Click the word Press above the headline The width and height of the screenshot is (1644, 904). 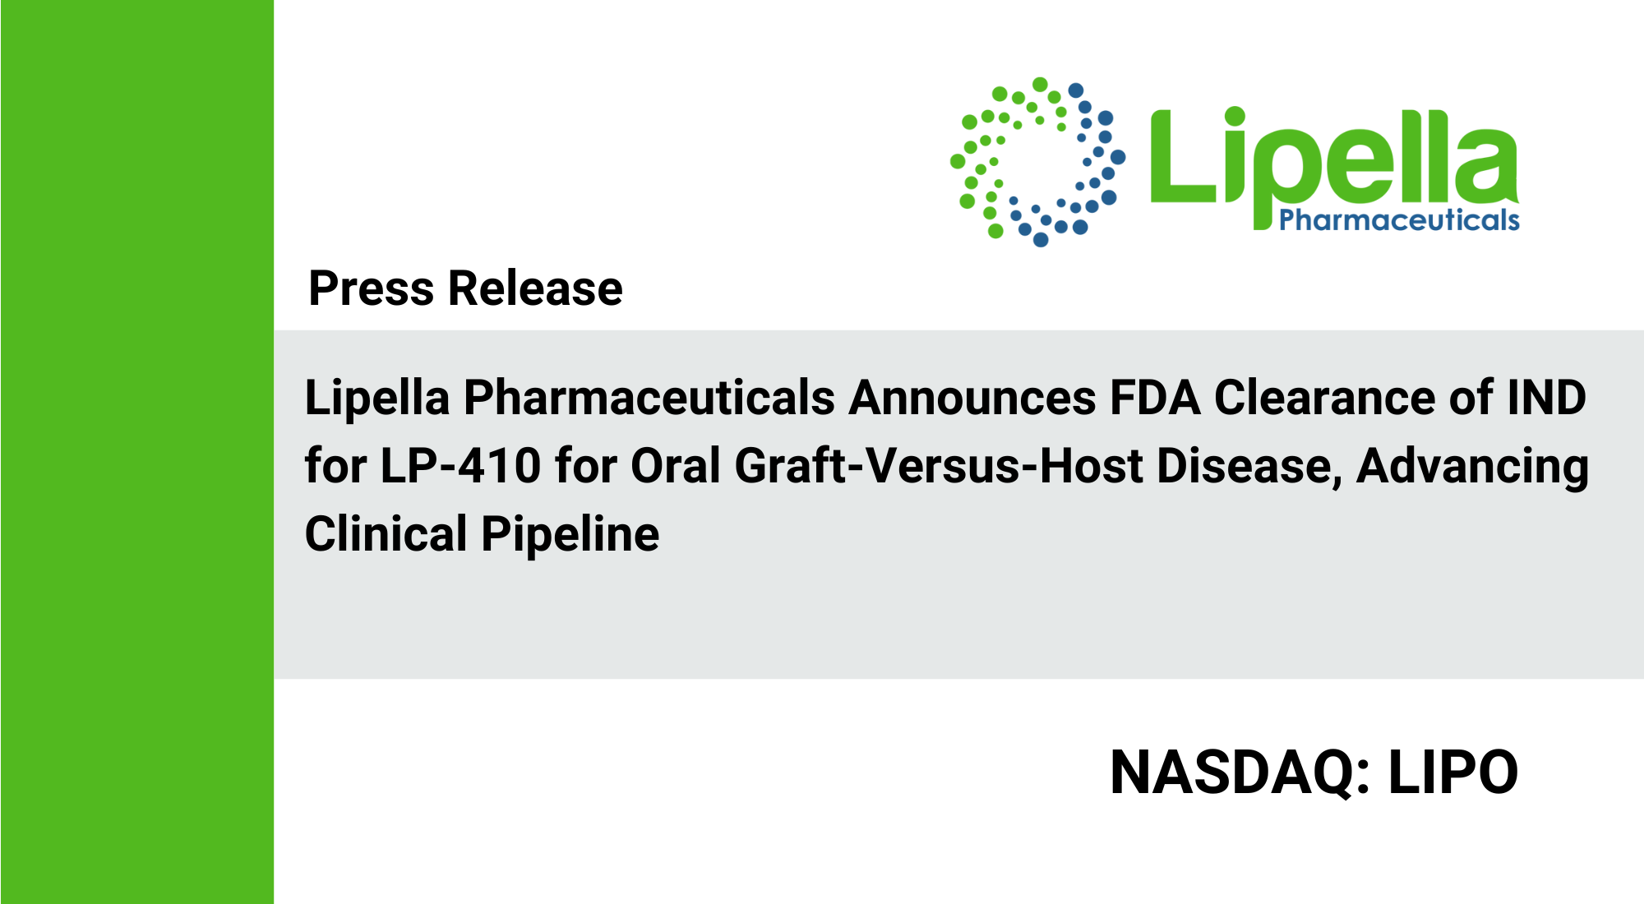372,288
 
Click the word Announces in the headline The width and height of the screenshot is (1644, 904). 972,398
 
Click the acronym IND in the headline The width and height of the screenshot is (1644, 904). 1546,398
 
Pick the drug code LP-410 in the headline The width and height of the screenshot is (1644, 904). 460,466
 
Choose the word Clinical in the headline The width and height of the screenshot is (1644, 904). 386,534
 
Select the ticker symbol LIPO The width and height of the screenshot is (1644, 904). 1453,773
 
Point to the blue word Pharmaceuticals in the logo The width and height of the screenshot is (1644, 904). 1399,220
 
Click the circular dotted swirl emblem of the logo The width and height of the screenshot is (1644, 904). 1038,162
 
